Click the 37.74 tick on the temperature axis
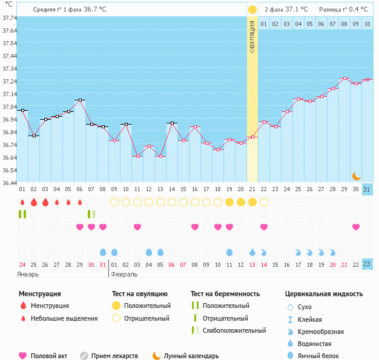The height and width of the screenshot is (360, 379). pos(8,18)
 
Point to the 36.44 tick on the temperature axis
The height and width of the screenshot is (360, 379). pos(8,183)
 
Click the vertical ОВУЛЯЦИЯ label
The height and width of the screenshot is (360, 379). pos(252,37)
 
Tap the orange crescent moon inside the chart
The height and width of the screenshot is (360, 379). pos(357,175)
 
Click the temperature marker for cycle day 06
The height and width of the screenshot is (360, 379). pos(80,100)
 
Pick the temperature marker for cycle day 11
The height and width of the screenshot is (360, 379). pos(137,156)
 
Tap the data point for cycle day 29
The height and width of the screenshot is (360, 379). pos(344,78)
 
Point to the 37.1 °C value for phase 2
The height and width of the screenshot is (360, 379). pos(297,9)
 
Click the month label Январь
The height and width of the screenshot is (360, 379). pos(28,274)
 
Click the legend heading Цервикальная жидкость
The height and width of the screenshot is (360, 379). pos(324,294)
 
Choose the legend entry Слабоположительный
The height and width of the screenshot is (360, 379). pos(234,330)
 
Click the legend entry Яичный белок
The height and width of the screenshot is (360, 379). pos(322,356)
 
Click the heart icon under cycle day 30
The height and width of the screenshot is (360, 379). pos(356,227)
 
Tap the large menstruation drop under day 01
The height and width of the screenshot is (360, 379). pos(22,201)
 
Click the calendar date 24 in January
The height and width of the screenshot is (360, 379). pos(22,264)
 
